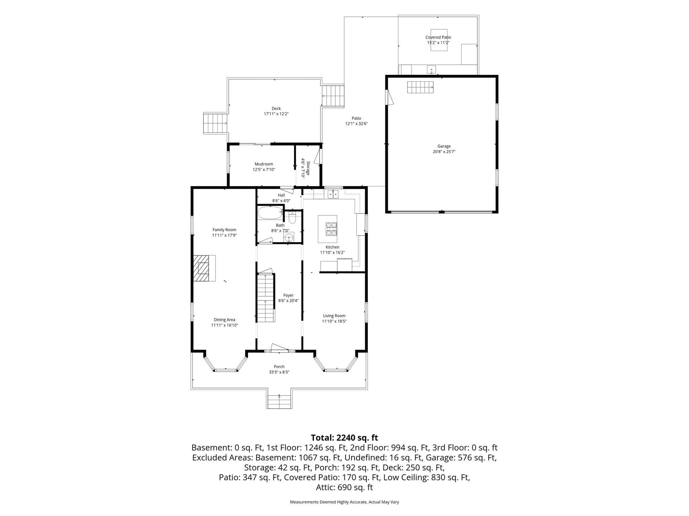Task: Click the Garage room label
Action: tap(444, 146)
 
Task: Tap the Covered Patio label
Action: tap(438, 37)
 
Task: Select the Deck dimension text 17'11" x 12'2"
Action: tap(276, 114)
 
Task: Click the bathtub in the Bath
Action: tap(270, 213)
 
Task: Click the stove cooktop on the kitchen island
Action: tap(331, 229)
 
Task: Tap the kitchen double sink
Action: tap(333, 194)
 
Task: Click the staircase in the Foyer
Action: tap(266, 298)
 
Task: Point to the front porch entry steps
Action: tap(279, 402)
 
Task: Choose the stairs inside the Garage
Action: tap(420, 87)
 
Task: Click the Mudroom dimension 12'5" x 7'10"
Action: tap(264, 170)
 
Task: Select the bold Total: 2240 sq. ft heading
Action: tap(344, 438)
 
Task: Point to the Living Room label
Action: tap(334, 316)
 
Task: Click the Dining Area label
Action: tap(224, 320)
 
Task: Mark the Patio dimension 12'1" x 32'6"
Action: tap(356, 124)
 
